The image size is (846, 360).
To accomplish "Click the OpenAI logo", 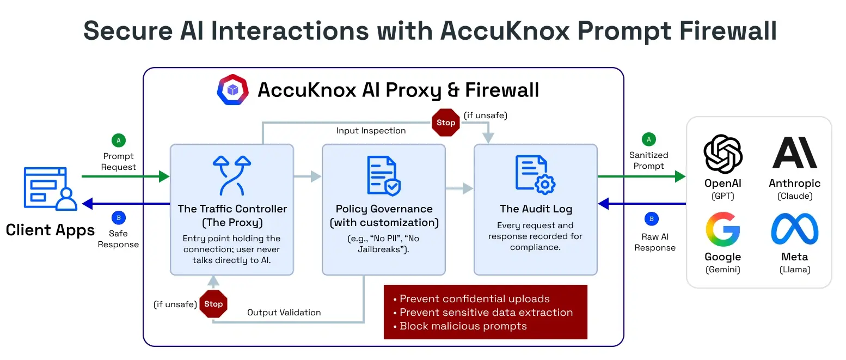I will [723, 154].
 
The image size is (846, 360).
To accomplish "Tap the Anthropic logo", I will [795, 153].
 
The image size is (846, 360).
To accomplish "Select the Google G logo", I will [723, 229].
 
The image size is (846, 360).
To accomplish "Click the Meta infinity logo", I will [795, 229].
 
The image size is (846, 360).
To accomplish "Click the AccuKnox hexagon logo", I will [233, 90].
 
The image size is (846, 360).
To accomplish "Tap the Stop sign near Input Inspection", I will [445, 123].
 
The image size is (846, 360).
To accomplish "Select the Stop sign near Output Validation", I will [213, 304].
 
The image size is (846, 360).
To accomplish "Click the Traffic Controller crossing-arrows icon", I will [232, 175].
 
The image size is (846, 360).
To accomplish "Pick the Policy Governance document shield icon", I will [384, 175].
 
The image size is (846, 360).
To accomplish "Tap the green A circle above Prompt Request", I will [118, 141].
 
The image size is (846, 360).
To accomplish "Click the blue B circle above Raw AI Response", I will [651, 219].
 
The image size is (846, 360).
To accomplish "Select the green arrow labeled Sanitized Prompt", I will [642, 176].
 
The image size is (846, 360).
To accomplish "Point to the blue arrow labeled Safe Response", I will [125, 204].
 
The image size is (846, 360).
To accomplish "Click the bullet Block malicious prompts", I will [463, 326].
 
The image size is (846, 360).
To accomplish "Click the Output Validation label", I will [284, 313].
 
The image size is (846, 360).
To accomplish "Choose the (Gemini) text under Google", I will [723, 270].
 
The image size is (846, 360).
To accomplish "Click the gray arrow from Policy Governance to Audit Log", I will [459, 189].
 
